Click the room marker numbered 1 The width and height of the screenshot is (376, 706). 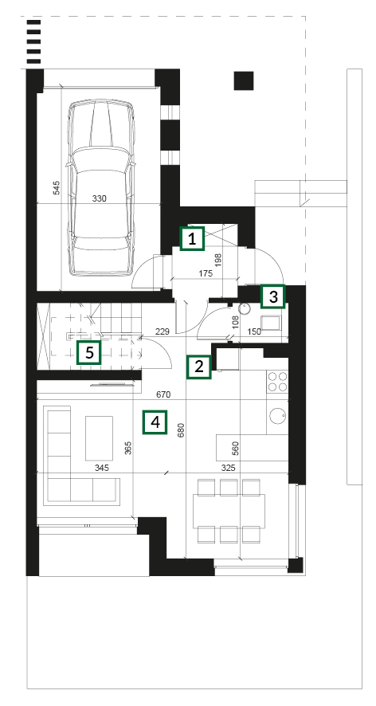coord(192,238)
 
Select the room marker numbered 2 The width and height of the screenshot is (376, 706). coord(199,367)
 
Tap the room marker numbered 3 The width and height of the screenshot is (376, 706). coord(273,296)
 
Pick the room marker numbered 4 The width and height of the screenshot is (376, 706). coord(155,422)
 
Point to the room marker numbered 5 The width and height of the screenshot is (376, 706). coord(88,352)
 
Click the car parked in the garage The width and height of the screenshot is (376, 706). coord(100,187)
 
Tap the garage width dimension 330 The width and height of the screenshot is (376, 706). coord(99,198)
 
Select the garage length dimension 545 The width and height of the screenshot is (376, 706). coord(57,187)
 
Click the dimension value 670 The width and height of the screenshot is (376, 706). coord(163,395)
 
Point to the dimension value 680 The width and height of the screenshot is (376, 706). coord(181,431)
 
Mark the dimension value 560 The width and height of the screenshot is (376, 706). coord(235,449)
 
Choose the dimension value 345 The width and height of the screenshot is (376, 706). coord(102,469)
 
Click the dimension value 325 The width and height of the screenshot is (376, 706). coord(229,469)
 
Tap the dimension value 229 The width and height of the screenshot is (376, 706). coord(162,332)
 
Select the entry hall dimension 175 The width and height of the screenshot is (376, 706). coord(206,274)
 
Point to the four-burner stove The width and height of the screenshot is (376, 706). coord(277,381)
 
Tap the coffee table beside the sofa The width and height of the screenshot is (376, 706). coord(99,438)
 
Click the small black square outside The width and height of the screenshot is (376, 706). coord(244,80)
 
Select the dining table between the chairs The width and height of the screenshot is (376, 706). coord(229,511)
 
